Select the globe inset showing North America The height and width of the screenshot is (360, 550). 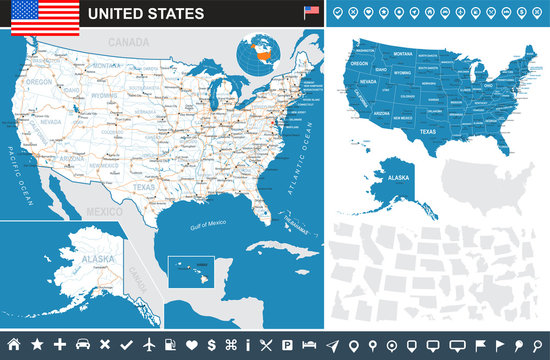pos(264,55)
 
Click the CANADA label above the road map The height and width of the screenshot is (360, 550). pos(128,44)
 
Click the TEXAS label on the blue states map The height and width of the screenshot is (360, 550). pos(400,131)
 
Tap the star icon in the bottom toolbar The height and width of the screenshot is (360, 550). pos(37,345)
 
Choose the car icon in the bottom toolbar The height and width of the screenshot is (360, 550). pos(83,345)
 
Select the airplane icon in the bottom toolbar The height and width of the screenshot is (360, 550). pos(150,345)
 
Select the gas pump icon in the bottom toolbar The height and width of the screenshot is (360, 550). pos(171,345)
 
